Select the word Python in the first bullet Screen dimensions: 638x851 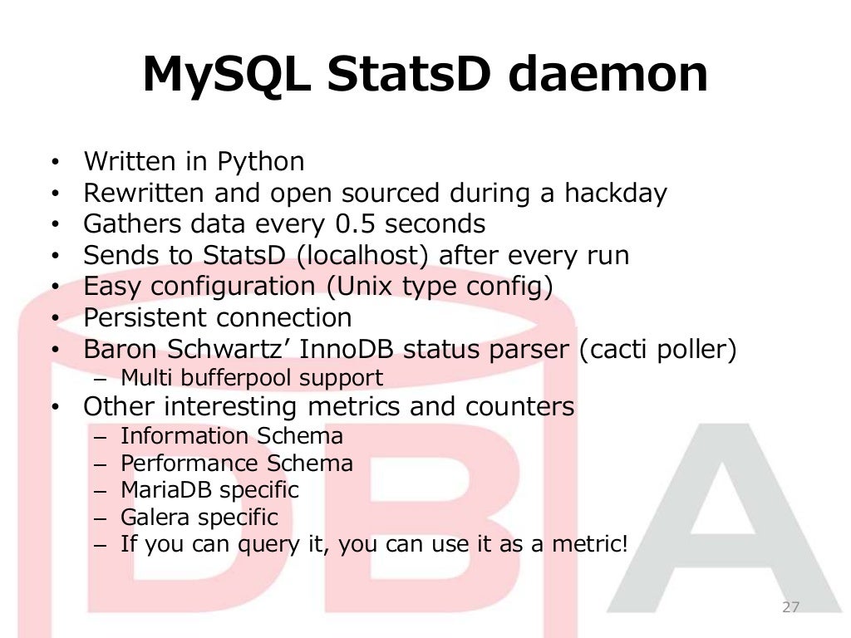[261, 161]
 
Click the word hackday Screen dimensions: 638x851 [616, 193]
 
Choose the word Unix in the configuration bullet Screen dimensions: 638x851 [361, 287]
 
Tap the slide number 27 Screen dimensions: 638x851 [790, 607]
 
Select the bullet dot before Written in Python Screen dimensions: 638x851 [54, 162]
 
